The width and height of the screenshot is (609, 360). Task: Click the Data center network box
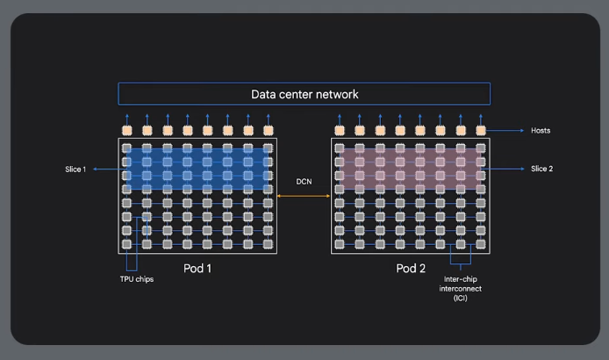304,94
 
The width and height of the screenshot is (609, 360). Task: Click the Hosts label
541,131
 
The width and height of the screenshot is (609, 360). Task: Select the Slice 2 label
542,169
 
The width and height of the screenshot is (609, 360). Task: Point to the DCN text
304,182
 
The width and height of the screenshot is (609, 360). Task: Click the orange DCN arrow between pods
304,197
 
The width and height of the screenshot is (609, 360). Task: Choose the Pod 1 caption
197,268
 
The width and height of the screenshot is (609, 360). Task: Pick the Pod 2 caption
410,268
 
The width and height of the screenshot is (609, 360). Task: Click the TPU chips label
137,280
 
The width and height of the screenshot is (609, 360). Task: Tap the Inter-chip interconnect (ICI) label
462,288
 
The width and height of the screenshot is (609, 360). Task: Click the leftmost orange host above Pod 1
126,131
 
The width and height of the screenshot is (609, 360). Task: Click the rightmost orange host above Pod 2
481,131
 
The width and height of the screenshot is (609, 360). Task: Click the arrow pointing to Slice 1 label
106,169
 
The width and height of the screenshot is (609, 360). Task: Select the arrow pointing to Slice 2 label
504,169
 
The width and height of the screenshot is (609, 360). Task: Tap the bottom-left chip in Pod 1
126,244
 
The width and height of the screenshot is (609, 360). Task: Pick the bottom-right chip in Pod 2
481,244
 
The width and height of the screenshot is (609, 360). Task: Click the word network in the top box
337,94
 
